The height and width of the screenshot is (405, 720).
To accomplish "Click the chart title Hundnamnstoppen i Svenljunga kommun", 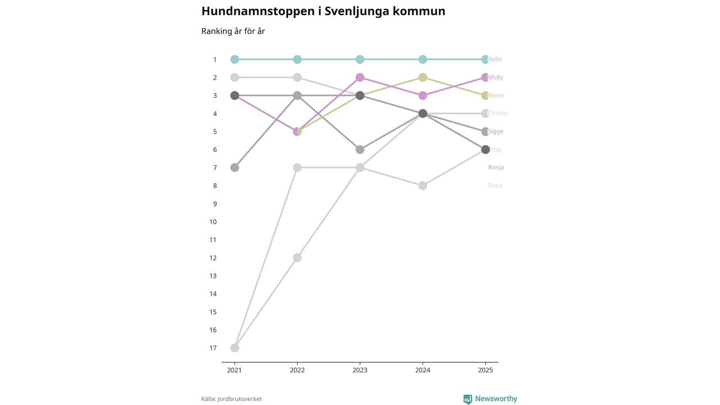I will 323,11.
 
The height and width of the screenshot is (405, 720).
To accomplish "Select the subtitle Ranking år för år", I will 233,31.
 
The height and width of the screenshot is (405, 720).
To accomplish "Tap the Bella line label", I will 495,60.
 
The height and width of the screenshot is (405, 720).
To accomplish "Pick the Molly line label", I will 496,78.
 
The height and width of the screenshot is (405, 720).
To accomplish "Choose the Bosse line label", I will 496,96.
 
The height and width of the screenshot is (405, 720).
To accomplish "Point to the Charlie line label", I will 498,114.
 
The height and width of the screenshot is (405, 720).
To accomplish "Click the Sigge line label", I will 496,132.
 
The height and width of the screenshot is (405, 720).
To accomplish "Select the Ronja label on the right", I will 496,168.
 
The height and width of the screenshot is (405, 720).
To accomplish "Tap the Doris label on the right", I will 495,186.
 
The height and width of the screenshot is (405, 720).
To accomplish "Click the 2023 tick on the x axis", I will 360,370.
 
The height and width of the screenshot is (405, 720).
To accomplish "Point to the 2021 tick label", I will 235,370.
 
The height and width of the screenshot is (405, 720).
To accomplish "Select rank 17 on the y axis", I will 213,348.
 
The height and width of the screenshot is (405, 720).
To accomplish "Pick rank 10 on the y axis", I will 213,222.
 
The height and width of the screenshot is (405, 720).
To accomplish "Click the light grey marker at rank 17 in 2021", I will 235,348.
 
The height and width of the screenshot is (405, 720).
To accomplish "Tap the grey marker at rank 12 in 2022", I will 297,258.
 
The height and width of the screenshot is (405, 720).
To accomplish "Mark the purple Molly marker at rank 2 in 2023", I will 360,78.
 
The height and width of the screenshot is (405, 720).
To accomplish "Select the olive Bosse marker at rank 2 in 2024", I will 422,78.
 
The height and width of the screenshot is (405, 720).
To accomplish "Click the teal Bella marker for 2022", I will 297,60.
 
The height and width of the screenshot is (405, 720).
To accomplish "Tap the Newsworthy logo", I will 490,399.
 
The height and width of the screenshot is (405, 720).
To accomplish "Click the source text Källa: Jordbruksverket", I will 231,399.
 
